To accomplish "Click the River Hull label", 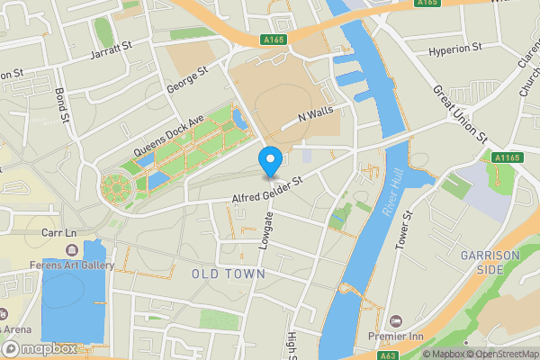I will click(393, 195).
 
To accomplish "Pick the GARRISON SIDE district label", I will click(490, 263).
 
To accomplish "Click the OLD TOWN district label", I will click(229, 273).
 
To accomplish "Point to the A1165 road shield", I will click(508, 158).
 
